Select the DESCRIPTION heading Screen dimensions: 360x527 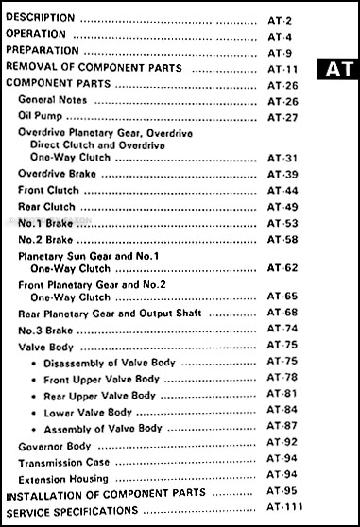pos(39,18)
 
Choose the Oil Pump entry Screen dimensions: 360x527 pos(40,117)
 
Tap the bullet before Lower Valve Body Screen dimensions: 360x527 pos(33,412)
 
